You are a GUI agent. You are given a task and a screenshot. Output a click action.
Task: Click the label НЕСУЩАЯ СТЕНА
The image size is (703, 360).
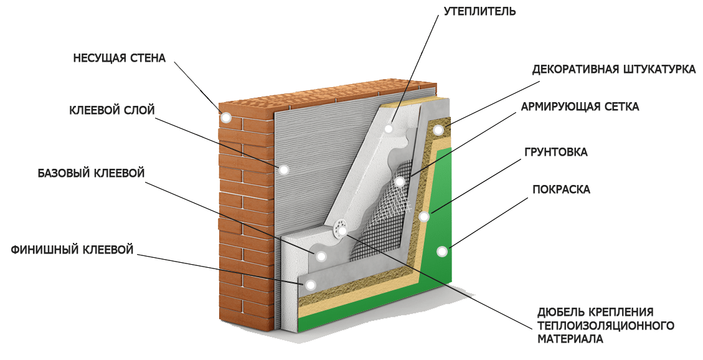(x=120, y=59)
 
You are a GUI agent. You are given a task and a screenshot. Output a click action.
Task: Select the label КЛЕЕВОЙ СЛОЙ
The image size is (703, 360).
(x=111, y=110)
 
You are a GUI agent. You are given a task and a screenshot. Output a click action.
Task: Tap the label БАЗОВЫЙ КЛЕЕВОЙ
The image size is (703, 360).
(x=91, y=173)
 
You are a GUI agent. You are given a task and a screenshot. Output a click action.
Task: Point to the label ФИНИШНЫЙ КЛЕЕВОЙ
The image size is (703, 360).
(x=72, y=249)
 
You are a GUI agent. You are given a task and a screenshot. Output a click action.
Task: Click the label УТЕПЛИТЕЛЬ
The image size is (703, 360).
(x=479, y=11)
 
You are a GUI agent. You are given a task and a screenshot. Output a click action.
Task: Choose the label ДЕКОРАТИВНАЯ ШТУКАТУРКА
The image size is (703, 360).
(x=614, y=70)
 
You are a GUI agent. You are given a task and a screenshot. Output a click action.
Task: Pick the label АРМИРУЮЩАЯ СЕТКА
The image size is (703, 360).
(x=580, y=107)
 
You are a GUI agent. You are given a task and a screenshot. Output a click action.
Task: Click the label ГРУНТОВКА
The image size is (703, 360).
(x=555, y=152)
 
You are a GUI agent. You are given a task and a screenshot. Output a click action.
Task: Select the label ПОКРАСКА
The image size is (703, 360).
(x=561, y=189)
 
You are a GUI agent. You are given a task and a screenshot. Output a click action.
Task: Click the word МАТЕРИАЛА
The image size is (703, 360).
(x=570, y=338)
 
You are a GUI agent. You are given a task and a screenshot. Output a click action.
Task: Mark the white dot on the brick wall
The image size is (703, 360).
(x=226, y=118)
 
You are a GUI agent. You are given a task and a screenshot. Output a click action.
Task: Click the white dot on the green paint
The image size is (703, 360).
(x=442, y=252)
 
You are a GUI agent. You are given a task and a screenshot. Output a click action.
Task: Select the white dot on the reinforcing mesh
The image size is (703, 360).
(x=400, y=182)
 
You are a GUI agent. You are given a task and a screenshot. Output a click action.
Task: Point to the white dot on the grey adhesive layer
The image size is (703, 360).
(x=283, y=170)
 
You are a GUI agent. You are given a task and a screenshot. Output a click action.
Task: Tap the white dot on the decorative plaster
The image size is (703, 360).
(x=438, y=130)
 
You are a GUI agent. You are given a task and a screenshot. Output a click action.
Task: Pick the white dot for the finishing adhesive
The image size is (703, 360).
(x=309, y=284)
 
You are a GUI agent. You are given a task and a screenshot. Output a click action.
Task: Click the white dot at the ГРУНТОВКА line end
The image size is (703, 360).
(x=423, y=217)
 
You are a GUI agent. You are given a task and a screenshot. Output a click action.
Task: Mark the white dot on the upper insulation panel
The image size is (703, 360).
(x=389, y=129)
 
